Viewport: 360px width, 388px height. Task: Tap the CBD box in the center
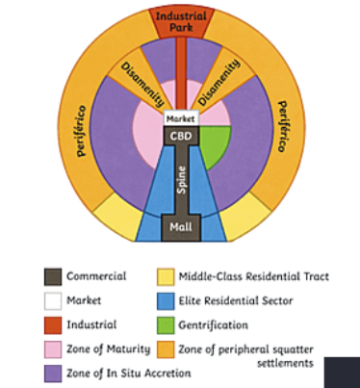[181, 137]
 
